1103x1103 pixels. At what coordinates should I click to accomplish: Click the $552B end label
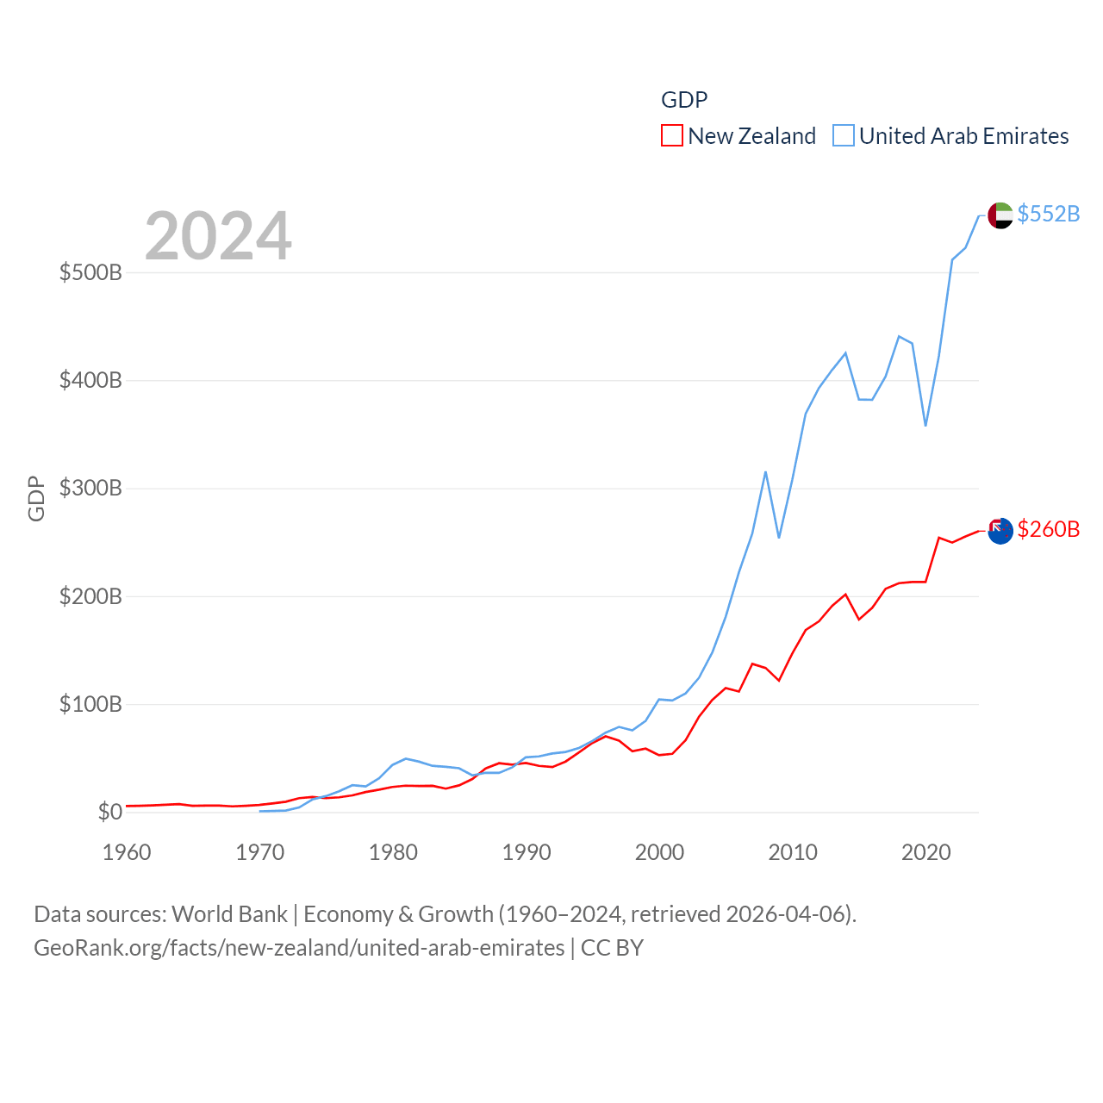pyautogui.click(x=1048, y=214)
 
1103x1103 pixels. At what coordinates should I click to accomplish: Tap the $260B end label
pyautogui.click(x=1048, y=529)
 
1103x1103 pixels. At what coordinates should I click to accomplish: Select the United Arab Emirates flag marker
pyautogui.click(x=1000, y=215)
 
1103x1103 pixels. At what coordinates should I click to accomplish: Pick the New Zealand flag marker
pyautogui.click(x=1000, y=531)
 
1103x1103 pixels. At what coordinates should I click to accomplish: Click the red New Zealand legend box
pyautogui.click(x=672, y=136)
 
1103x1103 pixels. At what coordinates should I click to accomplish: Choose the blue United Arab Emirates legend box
pyautogui.click(x=844, y=136)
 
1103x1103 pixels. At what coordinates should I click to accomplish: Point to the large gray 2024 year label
pyautogui.click(x=218, y=236)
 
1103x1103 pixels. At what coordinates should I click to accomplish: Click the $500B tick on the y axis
pyautogui.click(x=90, y=273)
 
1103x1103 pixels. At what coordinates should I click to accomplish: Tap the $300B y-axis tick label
pyautogui.click(x=90, y=489)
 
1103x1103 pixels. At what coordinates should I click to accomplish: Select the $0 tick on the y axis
pyautogui.click(x=109, y=812)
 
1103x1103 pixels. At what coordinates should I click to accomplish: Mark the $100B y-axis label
pyautogui.click(x=90, y=704)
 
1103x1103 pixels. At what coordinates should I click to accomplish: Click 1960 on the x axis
pyautogui.click(x=127, y=852)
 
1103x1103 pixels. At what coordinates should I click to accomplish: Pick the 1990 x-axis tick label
pyautogui.click(x=527, y=852)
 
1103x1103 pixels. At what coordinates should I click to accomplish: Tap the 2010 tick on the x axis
pyautogui.click(x=793, y=852)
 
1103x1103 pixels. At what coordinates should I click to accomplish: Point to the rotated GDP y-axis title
pyautogui.click(x=36, y=498)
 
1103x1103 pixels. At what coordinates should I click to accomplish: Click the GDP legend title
pyautogui.click(x=684, y=100)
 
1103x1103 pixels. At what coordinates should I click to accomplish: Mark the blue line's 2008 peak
pyautogui.click(x=765, y=472)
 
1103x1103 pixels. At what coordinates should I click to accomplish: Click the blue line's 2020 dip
pyautogui.click(x=925, y=425)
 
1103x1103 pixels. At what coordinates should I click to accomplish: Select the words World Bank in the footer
pyautogui.click(x=229, y=914)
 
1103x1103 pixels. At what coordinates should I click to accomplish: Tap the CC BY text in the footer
pyautogui.click(x=612, y=948)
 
